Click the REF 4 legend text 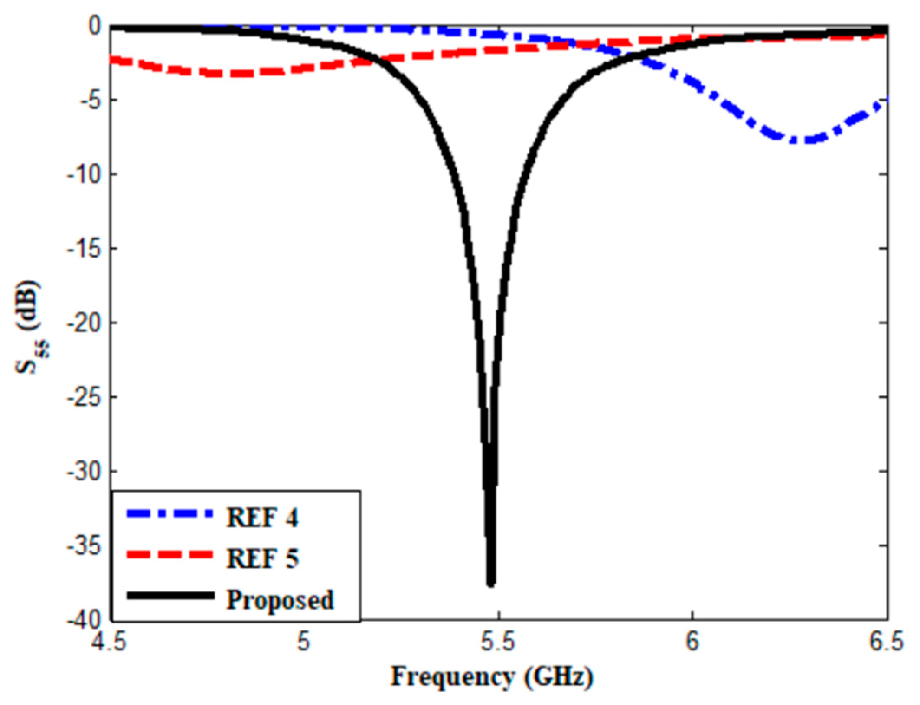click(262, 518)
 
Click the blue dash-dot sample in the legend click(170, 514)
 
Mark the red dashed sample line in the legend click(170, 555)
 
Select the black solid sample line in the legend click(170, 596)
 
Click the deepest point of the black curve click(490, 584)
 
